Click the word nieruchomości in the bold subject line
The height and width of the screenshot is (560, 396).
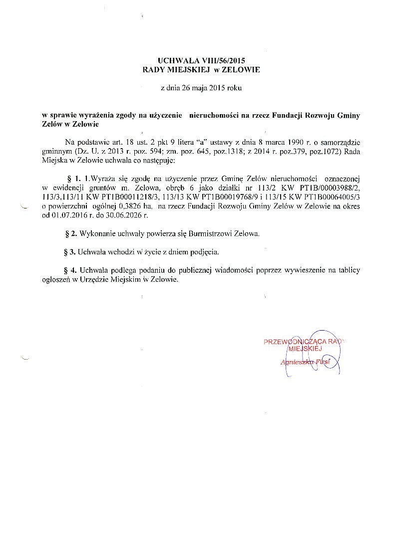coord(210,115)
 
